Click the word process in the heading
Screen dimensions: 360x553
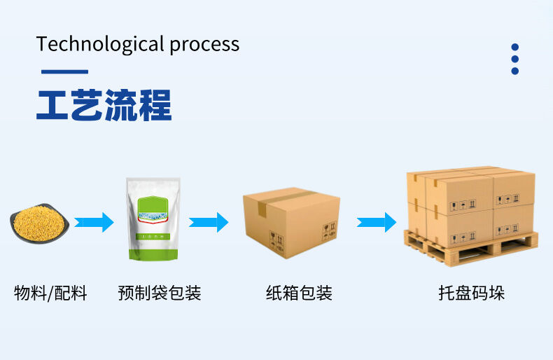(x=204, y=46)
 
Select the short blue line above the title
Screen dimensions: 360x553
(x=64, y=71)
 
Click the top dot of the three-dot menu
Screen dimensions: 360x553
(x=515, y=48)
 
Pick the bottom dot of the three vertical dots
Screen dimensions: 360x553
(x=515, y=71)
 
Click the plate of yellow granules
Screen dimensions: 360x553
(x=39, y=223)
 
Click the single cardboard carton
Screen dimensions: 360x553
(x=291, y=223)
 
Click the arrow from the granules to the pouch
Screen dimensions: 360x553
(x=94, y=222)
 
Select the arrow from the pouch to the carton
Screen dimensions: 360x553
(x=209, y=222)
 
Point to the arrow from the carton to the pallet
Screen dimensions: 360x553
(x=377, y=222)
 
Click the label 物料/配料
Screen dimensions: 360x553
(x=51, y=293)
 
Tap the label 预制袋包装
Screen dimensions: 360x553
(x=160, y=293)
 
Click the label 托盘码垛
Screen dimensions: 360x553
(x=471, y=293)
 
